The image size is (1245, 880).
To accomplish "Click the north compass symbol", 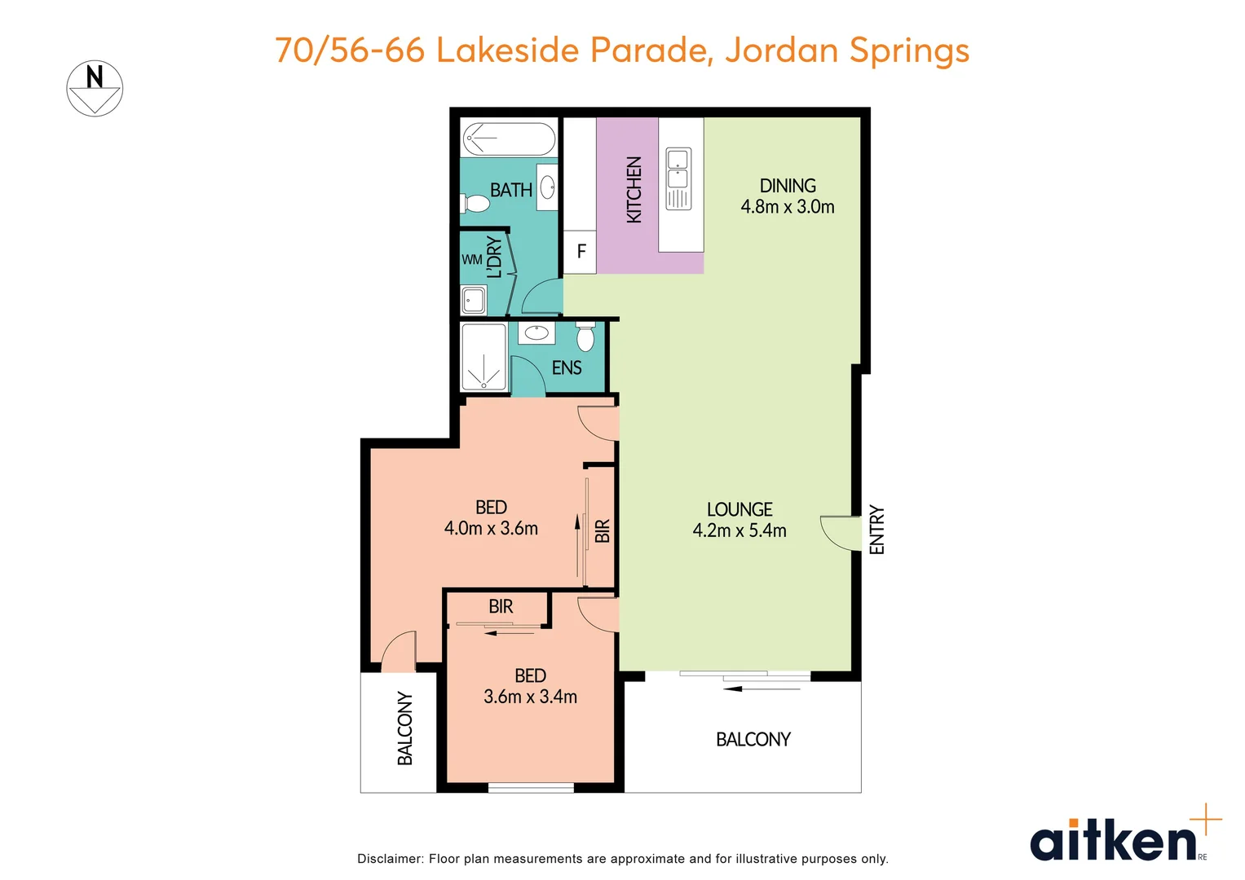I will pos(95,88).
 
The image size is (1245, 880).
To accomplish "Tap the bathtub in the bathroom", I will pos(509,139).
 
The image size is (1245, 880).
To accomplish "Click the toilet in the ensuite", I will pos(585,337).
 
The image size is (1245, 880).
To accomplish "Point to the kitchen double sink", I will pos(678,178).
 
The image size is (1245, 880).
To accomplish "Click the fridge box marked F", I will pos(581,252).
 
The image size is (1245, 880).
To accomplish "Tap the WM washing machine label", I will pos(471,260).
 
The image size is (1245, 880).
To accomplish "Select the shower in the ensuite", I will pos(483,358).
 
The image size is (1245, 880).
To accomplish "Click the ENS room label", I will pos(567,368).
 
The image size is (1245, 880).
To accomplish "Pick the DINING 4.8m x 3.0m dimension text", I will pos(787,207).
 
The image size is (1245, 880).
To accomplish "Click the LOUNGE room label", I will pos(739,510).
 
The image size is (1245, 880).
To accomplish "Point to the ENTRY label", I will pos(876,530).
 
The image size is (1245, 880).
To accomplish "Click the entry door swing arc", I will pos(836,534).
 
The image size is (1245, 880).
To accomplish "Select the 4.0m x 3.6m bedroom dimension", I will pos(491,529).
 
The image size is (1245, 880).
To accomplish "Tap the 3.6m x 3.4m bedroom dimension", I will pos(530,697).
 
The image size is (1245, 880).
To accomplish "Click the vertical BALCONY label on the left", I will pos(405,728).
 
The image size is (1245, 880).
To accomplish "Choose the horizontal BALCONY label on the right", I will pos(753,740).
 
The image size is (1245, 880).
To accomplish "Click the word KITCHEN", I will pos(634,190).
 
